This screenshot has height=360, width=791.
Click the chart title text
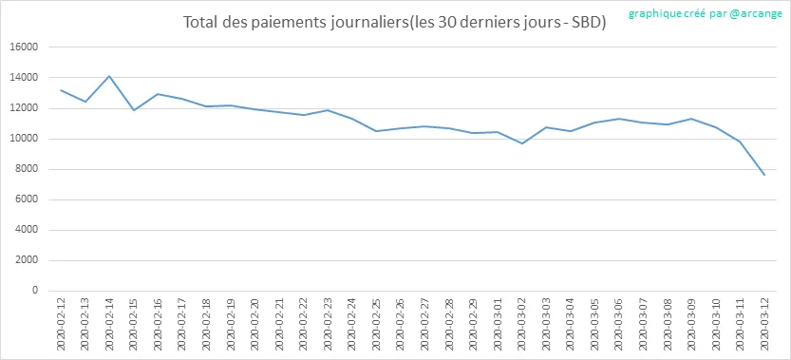(x=394, y=23)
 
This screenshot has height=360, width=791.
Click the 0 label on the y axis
(x=36, y=291)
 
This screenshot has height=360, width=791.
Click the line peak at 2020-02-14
(x=109, y=76)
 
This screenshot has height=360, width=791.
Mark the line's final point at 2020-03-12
(x=764, y=175)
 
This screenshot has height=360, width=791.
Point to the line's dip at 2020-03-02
(x=522, y=143)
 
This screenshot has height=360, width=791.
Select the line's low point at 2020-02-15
(x=133, y=110)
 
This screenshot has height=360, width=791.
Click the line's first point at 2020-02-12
(x=61, y=90)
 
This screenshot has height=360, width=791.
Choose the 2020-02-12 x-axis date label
(x=61, y=324)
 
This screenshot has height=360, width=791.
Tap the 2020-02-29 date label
(x=474, y=324)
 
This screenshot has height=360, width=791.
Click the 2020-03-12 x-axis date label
(x=765, y=324)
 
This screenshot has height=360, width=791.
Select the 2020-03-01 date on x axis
(x=498, y=324)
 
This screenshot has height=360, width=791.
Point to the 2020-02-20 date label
(x=255, y=324)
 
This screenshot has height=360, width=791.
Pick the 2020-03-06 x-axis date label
(x=619, y=324)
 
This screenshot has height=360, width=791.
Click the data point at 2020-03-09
(x=692, y=119)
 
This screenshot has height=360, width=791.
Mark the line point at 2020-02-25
(x=376, y=131)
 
